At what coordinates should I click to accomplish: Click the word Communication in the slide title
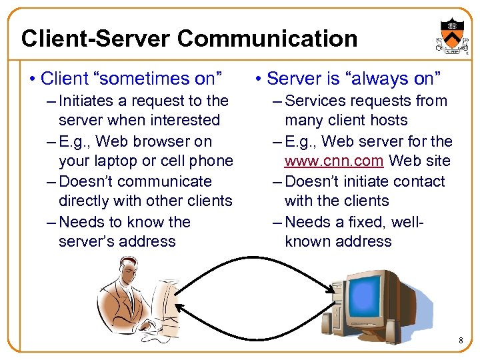click(x=267, y=39)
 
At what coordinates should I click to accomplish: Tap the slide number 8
click(x=460, y=342)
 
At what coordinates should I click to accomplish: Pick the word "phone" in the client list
click(x=210, y=161)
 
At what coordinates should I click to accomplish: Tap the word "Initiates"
click(x=87, y=101)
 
